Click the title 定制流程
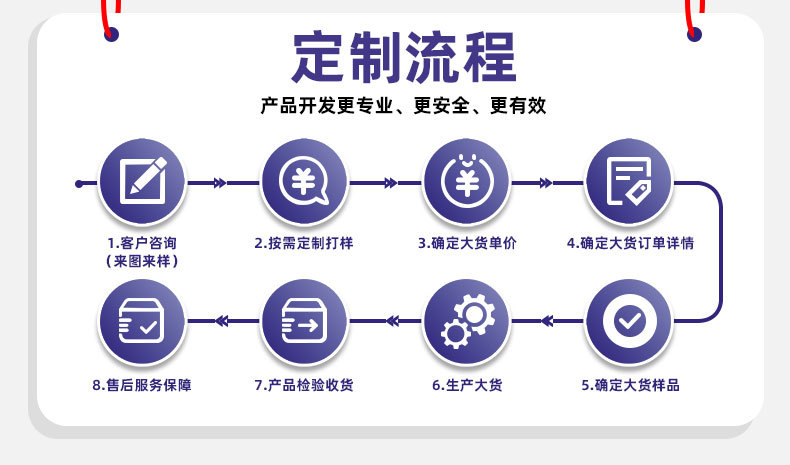pos(404,57)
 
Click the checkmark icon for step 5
pos(629,320)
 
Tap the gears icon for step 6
pos(466,320)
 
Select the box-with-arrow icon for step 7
pos(303,320)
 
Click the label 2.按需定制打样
pos(303,243)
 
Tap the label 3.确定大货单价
pos(467,243)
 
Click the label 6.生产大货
pos(467,385)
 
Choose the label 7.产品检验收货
pos(303,385)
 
